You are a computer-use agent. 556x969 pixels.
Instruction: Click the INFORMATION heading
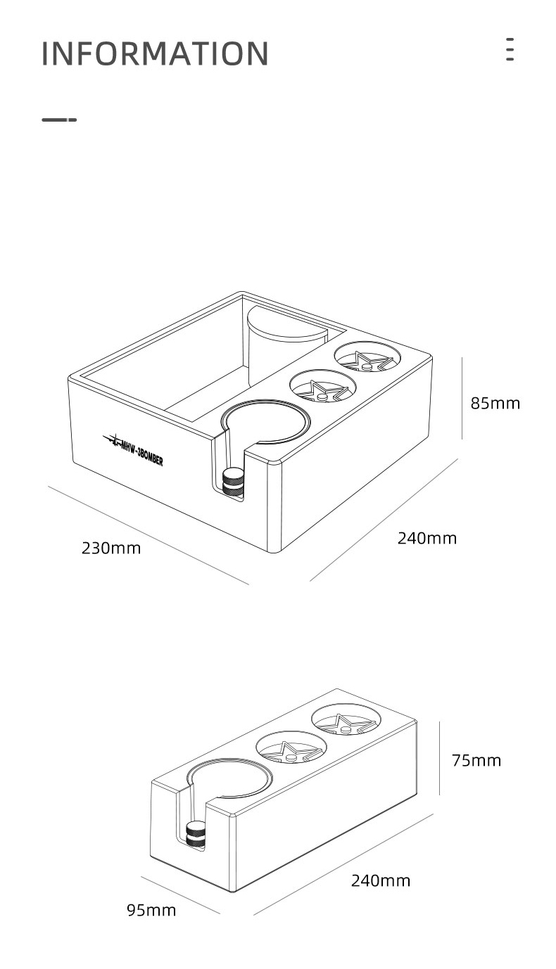[x=155, y=53]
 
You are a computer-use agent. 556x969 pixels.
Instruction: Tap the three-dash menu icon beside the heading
[x=510, y=49]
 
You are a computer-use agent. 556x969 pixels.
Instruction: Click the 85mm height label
[x=495, y=403]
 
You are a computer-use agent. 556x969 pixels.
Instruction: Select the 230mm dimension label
[x=111, y=548]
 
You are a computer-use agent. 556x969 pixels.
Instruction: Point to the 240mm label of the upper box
[x=427, y=538]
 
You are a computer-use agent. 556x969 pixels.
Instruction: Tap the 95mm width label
[x=151, y=910]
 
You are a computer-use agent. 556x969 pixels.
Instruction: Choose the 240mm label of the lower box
[x=381, y=880]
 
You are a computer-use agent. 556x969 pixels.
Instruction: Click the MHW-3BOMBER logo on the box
[x=133, y=450]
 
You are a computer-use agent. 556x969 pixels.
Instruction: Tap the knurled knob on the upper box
[x=233, y=481]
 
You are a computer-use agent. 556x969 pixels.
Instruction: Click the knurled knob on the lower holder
[x=197, y=833]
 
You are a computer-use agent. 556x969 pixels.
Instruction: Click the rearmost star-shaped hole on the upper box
[x=367, y=357]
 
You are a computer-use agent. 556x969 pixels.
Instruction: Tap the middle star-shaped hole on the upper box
[x=322, y=386]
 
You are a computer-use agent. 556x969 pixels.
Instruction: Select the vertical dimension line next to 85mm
[x=462, y=399]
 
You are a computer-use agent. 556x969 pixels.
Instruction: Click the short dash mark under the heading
[x=59, y=120]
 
